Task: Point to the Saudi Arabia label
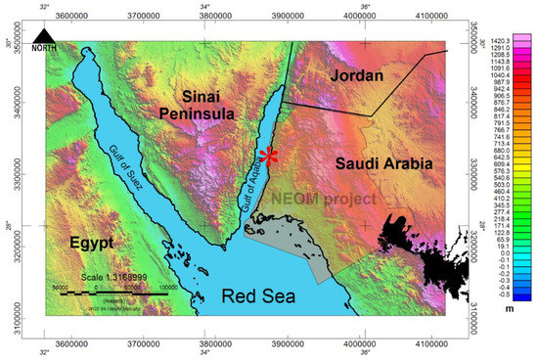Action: click(x=382, y=166)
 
